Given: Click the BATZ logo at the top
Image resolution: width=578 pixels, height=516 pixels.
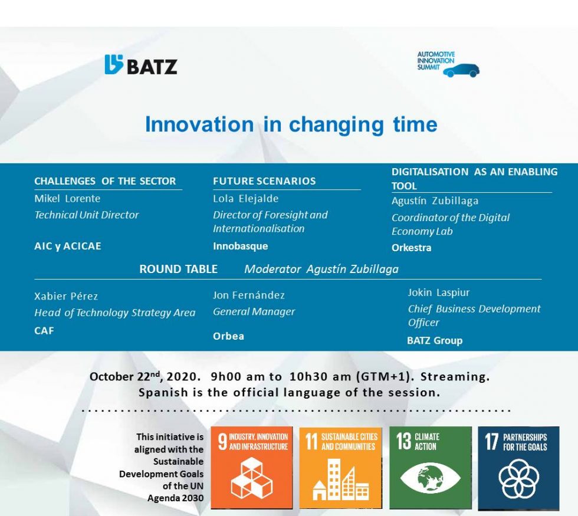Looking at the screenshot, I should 141,65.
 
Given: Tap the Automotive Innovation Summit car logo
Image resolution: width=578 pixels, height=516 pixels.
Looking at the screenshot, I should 448,64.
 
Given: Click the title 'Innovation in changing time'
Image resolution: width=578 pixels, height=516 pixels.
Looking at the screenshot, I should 291,124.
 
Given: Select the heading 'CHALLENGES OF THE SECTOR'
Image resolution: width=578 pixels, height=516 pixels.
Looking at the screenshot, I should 105,181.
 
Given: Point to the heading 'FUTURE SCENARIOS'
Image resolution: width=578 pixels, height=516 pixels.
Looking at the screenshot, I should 264,181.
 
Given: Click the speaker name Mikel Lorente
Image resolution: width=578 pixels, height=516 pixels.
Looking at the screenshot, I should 67,199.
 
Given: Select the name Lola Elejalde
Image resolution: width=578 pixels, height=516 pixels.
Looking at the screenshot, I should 245,199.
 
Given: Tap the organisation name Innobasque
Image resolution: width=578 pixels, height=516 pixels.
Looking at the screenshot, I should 240,246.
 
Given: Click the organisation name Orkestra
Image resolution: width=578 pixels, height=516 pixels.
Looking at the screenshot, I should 411,248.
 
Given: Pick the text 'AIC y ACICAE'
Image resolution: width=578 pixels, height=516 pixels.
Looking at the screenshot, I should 68,246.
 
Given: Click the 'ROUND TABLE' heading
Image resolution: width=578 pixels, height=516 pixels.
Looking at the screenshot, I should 178,269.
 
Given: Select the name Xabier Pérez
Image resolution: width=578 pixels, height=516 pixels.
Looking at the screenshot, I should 66,296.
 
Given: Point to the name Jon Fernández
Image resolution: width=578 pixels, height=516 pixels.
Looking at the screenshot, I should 248,295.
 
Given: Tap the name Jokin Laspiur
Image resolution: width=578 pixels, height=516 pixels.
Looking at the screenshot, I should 439,292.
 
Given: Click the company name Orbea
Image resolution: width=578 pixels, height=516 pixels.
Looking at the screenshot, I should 228,336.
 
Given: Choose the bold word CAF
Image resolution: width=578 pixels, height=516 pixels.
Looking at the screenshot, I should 44,331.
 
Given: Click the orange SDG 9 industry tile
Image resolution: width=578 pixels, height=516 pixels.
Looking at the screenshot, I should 252,467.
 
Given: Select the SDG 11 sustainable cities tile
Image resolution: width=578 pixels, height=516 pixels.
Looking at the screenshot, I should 340,467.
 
